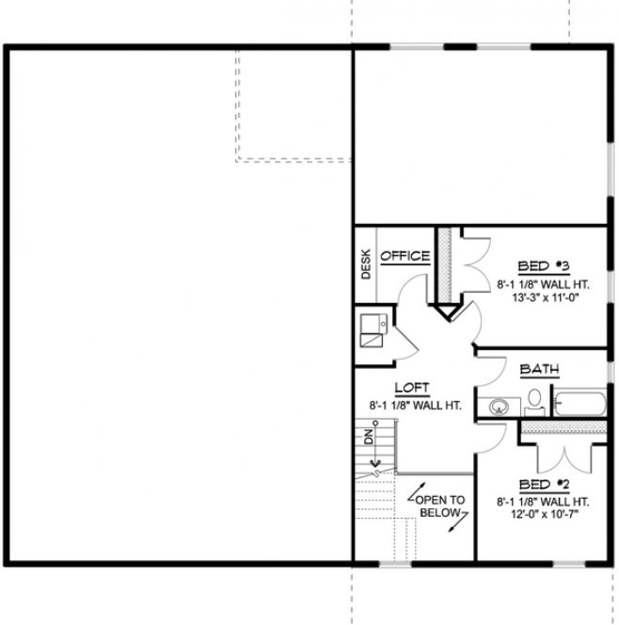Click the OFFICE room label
point(405,256)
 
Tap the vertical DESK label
point(365,264)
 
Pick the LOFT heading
point(412,387)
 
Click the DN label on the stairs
point(371,439)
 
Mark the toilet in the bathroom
point(534,403)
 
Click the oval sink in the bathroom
point(499,407)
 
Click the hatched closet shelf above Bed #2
point(563,427)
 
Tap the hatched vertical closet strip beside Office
point(446,264)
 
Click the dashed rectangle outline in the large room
point(294,160)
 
